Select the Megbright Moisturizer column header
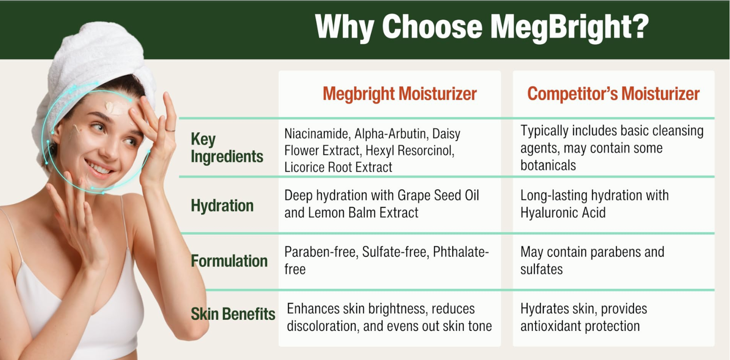pos(400,94)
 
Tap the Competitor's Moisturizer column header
pos(613,94)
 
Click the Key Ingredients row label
pos(227,148)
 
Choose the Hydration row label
pos(222,206)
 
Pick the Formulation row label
pos(229,261)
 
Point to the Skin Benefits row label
pos(233,314)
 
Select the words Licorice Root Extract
pos(338,168)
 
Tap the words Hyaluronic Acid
pos(563,213)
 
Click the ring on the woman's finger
pos(170,130)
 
